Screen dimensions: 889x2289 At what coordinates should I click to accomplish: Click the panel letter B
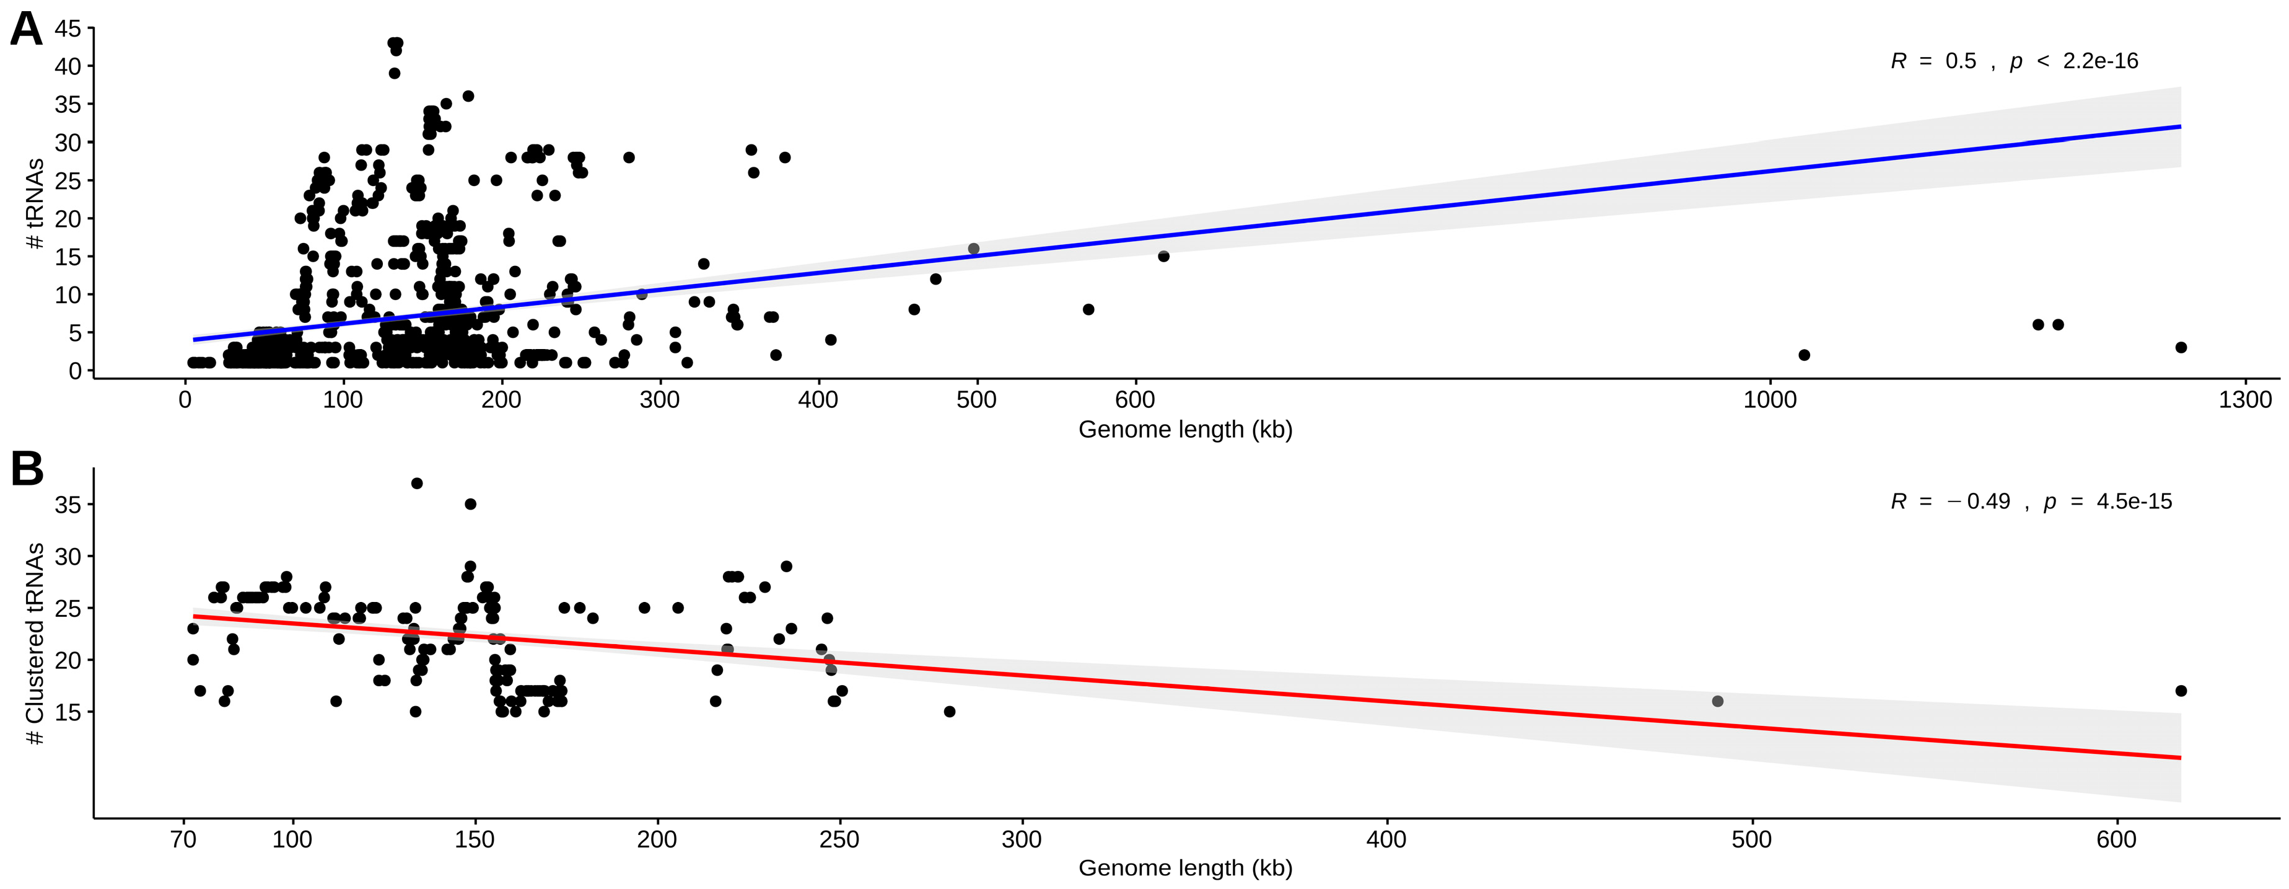point(27,469)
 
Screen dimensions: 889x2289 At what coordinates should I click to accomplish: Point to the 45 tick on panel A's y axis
point(68,29)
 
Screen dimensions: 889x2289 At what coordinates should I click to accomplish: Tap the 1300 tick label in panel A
point(2244,400)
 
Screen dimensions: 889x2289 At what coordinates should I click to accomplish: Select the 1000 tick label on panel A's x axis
point(1770,400)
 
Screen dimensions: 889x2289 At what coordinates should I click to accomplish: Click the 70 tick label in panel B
point(183,840)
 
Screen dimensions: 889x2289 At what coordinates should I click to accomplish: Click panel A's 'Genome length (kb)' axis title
point(1185,430)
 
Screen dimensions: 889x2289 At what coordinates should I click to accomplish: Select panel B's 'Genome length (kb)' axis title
point(1185,869)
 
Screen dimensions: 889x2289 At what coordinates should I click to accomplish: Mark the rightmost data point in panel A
point(2181,348)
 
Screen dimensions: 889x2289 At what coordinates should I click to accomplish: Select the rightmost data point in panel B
point(2181,691)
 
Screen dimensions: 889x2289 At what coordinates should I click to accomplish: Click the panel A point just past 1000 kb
point(1804,355)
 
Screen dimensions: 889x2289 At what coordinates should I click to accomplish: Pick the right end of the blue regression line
point(2181,126)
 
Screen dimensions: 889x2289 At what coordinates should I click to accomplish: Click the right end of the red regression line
point(2181,758)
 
